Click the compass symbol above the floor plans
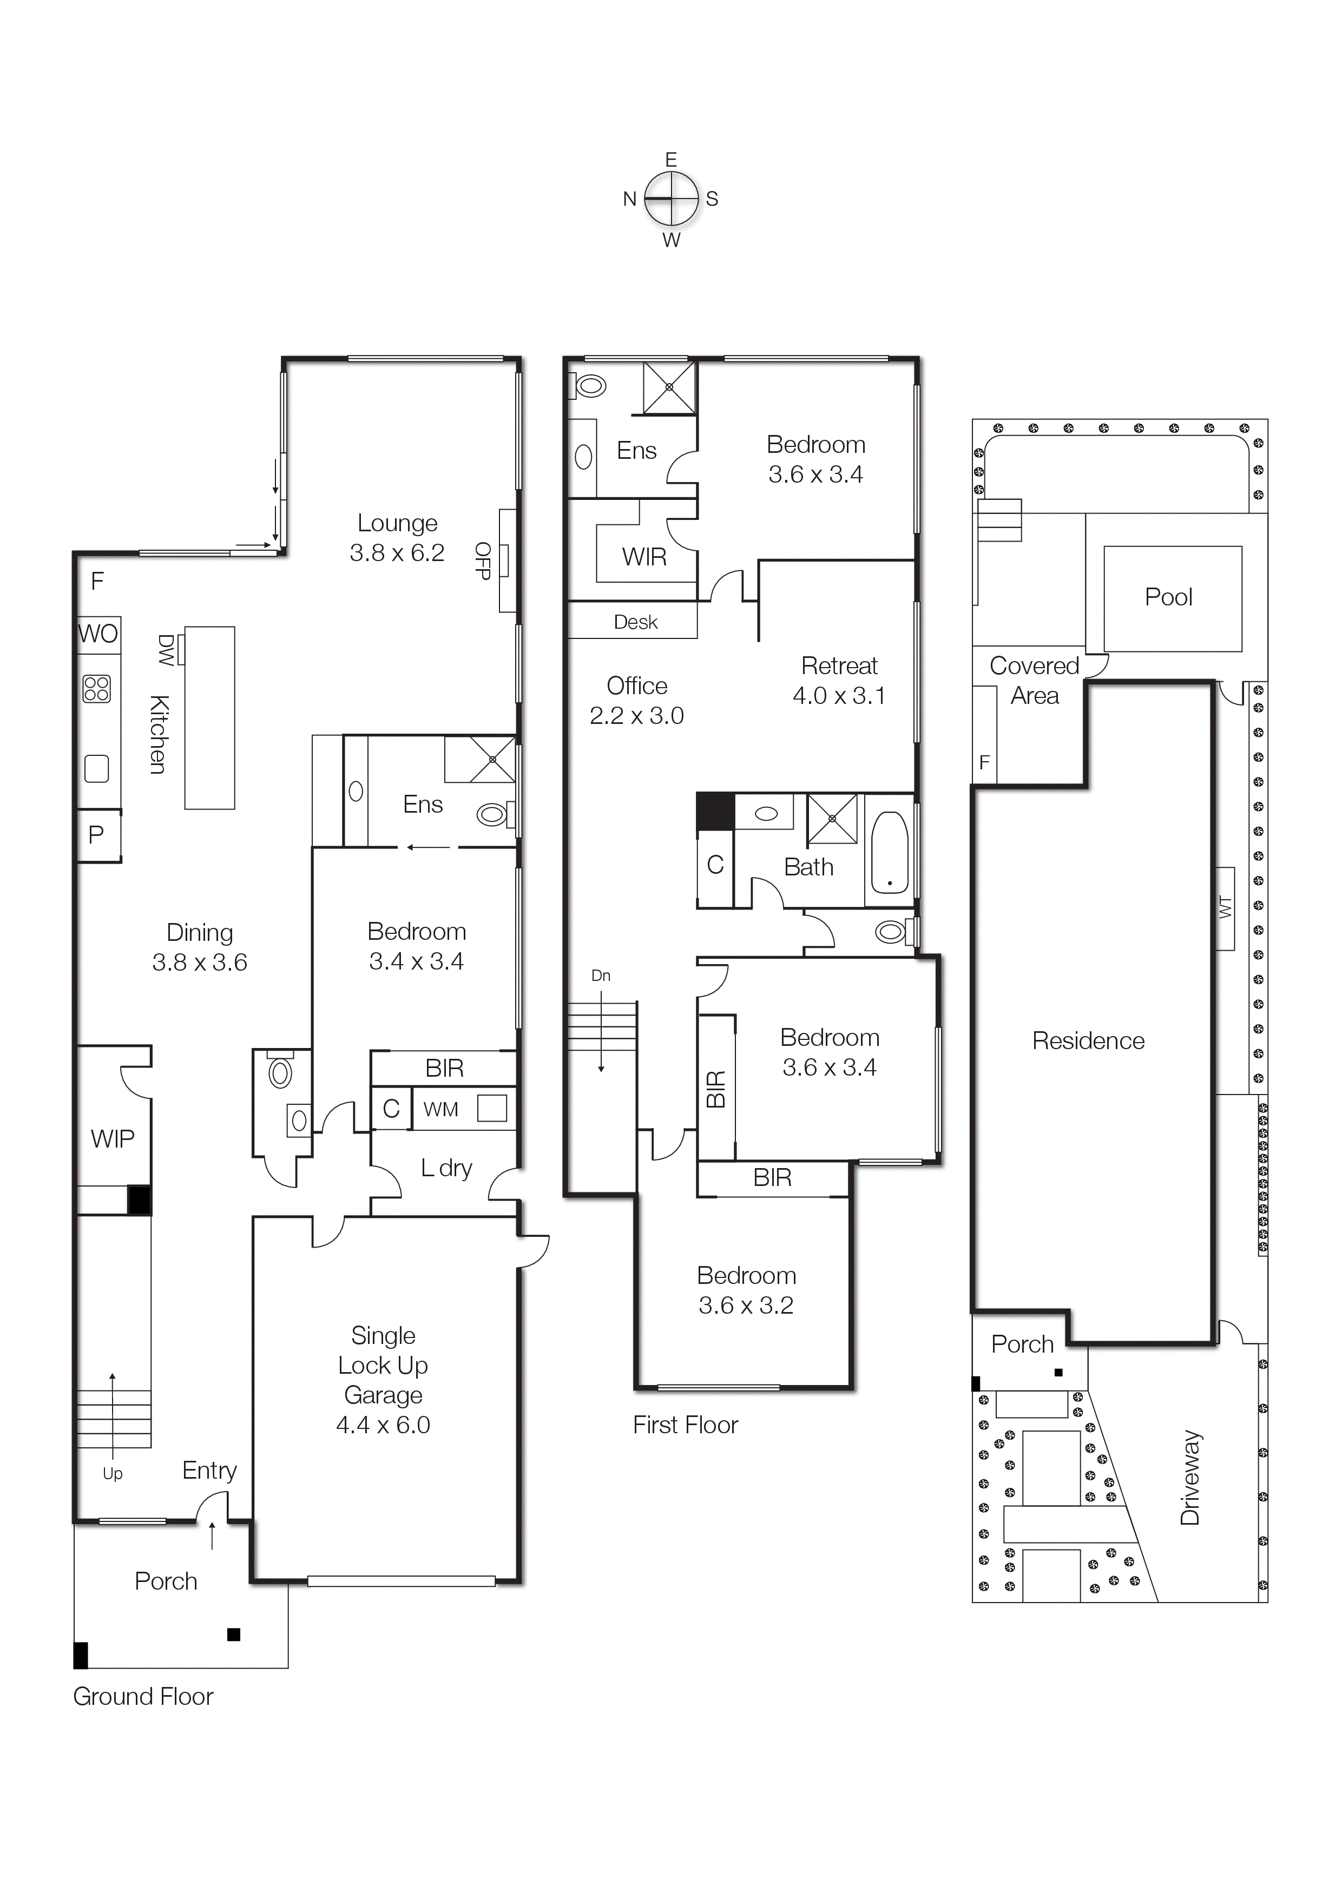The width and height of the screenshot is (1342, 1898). click(x=672, y=199)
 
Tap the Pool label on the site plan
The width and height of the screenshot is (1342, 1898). click(x=1168, y=597)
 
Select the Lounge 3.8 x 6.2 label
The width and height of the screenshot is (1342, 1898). click(x=397, y=537)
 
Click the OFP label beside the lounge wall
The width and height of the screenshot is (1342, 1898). click(x=483, y=561)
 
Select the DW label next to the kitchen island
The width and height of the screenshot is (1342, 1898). click(x=166, y=650)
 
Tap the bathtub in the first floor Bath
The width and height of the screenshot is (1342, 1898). click(x=890, y=853)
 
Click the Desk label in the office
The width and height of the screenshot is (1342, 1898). click(x=635, y=622)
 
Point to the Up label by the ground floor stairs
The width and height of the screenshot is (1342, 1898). click(x=113, y=1473)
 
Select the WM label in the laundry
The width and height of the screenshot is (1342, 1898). click(x=440, y=1109)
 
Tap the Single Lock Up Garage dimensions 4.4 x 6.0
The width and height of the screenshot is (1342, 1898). click(x=383, y=1425)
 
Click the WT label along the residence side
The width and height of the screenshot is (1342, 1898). click(x=1226, y=908)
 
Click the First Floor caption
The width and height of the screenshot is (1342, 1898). click(x=685, y=1425)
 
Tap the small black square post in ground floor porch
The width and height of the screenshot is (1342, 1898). click(x=234, y=1635)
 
